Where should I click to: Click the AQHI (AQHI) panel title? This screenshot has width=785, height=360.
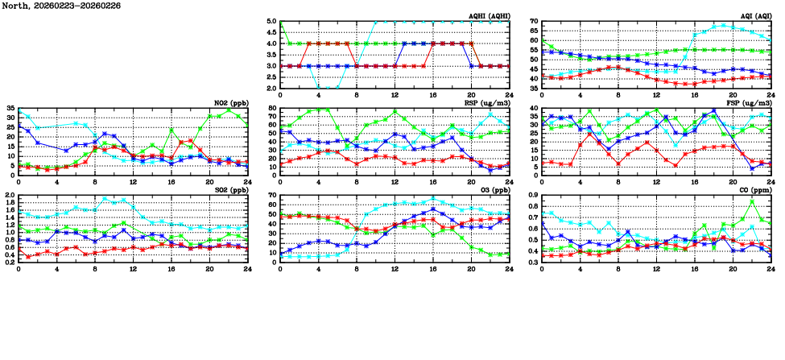tap(487, 15)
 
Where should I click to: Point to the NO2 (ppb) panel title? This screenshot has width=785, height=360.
tap(229, 102)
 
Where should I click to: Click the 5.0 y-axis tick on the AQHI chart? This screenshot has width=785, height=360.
tap(272, 22)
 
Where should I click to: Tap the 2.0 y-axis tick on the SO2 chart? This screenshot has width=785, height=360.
tap(10, 196)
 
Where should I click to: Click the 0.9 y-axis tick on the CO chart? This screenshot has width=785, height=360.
tap(533, 196)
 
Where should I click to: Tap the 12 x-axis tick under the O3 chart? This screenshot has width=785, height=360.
tap(395, 267)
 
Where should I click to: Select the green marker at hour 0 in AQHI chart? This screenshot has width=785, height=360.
tap(281, 23)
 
